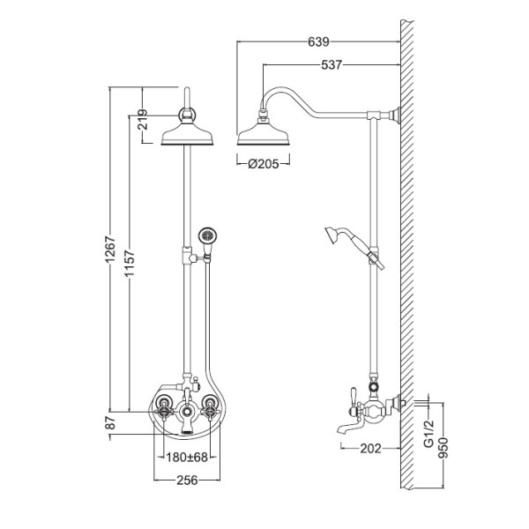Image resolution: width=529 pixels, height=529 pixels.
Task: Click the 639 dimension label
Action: coord(318,41)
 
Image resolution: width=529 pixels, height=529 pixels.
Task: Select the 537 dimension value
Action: coord(332,64)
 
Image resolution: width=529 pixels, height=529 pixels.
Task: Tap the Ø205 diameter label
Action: coord(264,164)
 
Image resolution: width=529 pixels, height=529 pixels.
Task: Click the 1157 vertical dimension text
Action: coord(130,263)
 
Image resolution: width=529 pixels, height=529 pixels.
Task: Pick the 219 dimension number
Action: coord(144,119)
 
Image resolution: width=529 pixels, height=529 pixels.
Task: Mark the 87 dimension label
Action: coord(111,422)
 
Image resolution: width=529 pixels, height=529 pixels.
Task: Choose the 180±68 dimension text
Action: coord(187,457)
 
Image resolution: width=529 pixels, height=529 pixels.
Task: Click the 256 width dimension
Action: coord(187,480)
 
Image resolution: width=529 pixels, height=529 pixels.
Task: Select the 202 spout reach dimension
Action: coord(370,448)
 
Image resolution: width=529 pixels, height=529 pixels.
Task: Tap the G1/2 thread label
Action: coord(428,434)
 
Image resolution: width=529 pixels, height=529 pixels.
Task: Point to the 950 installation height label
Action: coord(443,448)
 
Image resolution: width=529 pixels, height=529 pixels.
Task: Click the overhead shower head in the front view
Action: coord(187,134)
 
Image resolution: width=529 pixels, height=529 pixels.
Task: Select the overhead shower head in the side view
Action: coord(264,134)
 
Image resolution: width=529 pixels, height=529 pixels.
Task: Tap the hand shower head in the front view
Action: coord(207,236)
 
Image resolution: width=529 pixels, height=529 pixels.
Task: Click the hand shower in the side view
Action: coord(354,247)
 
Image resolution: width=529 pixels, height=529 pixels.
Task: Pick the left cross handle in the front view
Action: coord(164,410)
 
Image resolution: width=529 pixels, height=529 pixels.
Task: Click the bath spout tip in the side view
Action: coord(339,430)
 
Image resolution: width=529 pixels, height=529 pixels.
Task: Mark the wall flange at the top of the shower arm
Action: coord(396,115)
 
